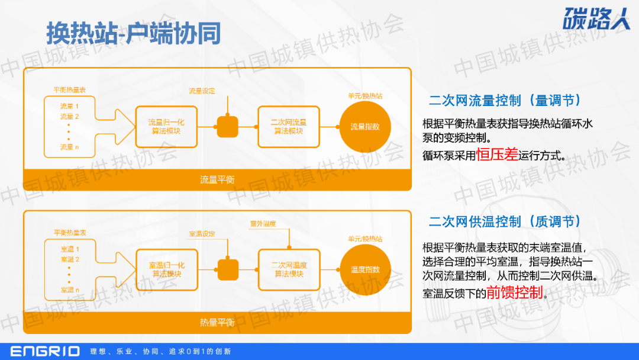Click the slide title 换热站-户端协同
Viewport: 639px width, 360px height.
[x=134, y=34]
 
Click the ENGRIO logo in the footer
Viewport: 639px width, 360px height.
[x=45, y=351]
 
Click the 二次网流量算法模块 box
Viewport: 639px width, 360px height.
[x=289, y=127]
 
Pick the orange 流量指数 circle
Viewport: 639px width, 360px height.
[x=365, y=127]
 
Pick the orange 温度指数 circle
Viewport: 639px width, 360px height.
[x=365, y=269]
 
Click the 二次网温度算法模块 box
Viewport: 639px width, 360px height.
[x=289, y=269]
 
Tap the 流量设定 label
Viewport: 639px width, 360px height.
[x=202, y=91]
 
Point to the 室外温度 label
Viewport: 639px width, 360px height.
[x=263, y=224]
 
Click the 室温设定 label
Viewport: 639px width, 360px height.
[x=202, y=234]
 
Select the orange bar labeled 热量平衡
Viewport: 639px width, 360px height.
[x=217, y=323]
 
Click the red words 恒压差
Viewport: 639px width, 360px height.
[x=497, y=156]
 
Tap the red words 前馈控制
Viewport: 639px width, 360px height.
[x=514, y=292]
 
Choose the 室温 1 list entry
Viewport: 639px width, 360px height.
[x=70, y=249]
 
